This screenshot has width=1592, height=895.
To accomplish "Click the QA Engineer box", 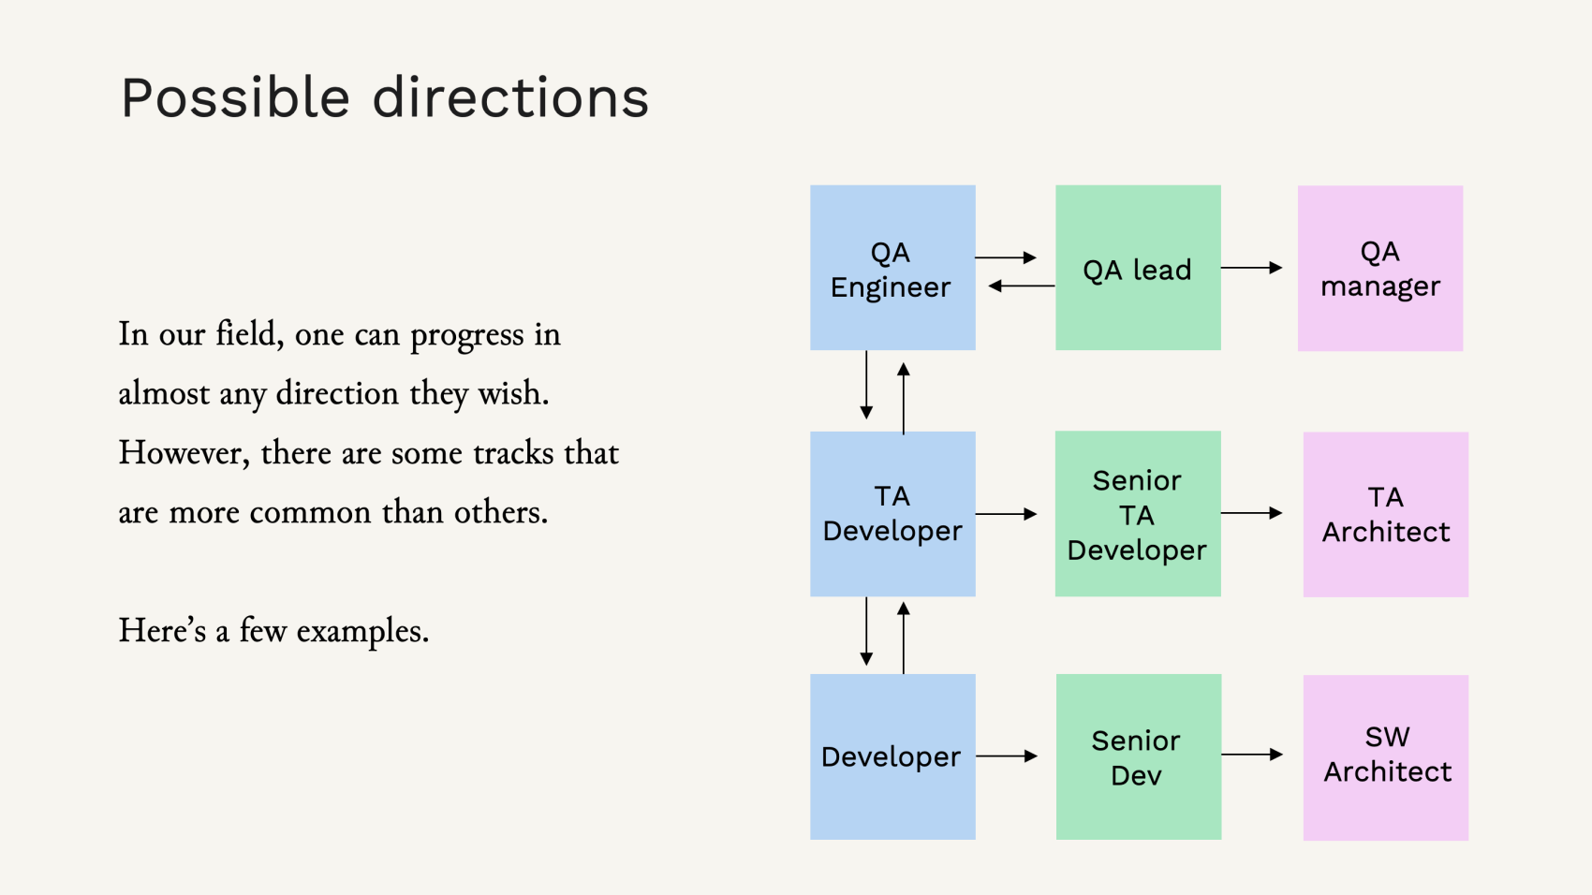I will (892, 268).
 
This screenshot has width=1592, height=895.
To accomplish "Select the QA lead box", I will (1138, 268).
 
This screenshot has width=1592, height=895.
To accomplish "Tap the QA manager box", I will (1380, 268).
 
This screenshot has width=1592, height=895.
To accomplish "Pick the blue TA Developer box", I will (892, 514).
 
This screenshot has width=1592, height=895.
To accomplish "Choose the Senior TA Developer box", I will (1138, 514).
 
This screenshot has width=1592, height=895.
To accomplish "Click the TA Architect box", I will (1386, 514).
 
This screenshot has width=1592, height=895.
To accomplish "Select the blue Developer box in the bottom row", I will (892, 756).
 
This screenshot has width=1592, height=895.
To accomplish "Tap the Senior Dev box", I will (1138, 756).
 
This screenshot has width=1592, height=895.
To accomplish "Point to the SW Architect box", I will (1386, 756).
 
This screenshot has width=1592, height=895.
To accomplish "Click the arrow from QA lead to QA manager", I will (1252, 268).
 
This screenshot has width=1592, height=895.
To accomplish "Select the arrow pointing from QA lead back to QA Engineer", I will (1022, 286).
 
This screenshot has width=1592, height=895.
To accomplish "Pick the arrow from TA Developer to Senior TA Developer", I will (1007, 514).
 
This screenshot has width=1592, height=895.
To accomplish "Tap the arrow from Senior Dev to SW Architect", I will (1252, 755).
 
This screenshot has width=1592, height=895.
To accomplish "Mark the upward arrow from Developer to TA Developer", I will (904, 638).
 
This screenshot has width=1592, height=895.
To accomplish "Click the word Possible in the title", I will (235, 98).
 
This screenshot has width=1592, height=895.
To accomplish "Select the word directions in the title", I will (510, 98).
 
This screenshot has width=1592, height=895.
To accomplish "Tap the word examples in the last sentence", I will (362, 631).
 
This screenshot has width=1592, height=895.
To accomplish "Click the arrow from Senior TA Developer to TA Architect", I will (1252, 513).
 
